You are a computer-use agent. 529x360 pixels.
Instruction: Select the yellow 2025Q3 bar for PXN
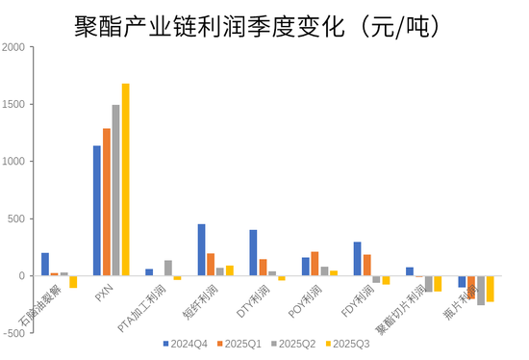[x=126, y=180]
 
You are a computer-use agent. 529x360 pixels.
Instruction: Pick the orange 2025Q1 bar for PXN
[x=107, y=202]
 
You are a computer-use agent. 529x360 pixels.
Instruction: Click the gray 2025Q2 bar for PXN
[x=116, y=191]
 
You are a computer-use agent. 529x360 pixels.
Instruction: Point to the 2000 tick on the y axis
[x=16, y=47]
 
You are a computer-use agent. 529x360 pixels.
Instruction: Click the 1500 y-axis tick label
[x=16, y=104]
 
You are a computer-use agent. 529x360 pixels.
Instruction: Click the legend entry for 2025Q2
[x=292, y=343]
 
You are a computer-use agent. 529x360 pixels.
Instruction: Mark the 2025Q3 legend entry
[x=347, y=343]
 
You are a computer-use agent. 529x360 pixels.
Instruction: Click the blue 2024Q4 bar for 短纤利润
[x=202, y=250]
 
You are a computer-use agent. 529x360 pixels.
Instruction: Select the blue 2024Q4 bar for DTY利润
[x=254, y=253]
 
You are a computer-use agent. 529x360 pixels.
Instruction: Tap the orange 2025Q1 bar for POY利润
[x=315, y=264]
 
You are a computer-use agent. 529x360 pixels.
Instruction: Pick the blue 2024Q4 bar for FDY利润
[x=358, y=259]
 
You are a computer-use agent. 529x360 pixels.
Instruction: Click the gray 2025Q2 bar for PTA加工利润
[x=168, y=269]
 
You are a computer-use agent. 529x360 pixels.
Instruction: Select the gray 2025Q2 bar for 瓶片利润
[x=481, y=291]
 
